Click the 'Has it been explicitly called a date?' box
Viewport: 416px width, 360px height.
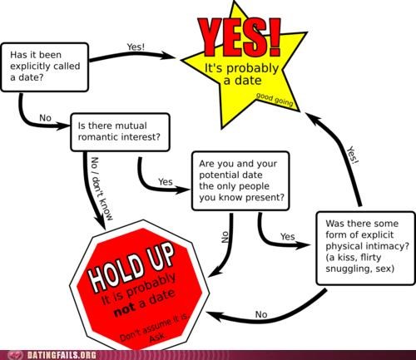tap(45, 67)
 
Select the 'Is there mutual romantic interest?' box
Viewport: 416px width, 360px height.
tap(120, 132)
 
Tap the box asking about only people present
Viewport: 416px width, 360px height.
tap(240, 180)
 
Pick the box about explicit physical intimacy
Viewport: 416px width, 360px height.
tap(366, 248)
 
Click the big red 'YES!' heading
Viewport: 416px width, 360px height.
tap(240, 37)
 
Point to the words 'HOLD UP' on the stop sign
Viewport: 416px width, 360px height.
tap(131, 268)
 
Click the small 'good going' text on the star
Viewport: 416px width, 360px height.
tap(275, 100)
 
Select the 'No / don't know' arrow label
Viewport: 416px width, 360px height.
tap(102, 189)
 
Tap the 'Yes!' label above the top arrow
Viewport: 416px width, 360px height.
tap(136, 47)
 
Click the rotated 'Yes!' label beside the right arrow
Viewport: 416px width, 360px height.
tap(353, 155)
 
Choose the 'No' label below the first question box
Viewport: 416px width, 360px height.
tap(45, 118)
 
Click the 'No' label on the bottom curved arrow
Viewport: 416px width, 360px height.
tap(261, 314)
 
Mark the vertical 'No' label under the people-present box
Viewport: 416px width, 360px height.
tap(225, 237)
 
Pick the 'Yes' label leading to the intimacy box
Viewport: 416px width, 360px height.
tap(288, 236)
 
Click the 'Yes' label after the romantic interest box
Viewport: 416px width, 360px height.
tap(166, 182)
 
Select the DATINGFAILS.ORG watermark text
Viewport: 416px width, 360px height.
tap(62, 355)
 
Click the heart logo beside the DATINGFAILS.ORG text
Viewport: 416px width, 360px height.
tap(15, 355)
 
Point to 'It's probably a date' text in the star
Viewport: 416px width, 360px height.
tap(241, 74)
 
